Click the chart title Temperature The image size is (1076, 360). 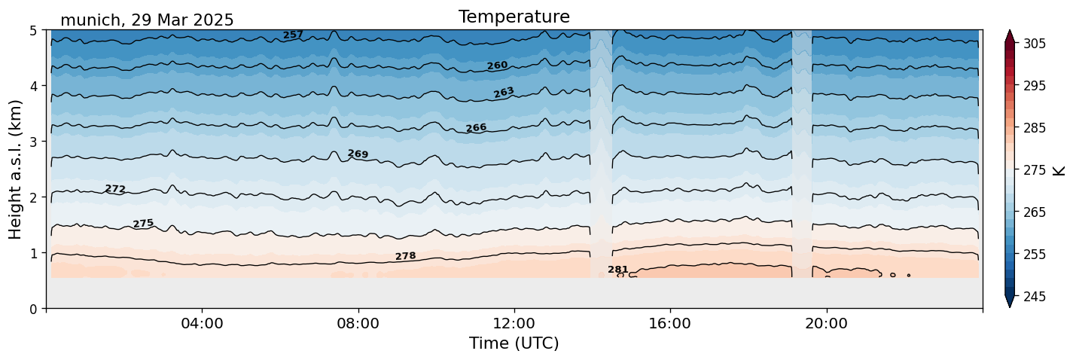pyautogui.click(x=514, y=17)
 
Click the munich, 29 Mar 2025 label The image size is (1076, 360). pyautogui.click(x=147, y=20)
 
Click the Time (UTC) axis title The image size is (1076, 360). pyautogui.click(x=514, y=343)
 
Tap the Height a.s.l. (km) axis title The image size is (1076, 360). pyautogui.click(x=16, y=169)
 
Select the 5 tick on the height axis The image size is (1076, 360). pyautogui.click(x=34, y=31)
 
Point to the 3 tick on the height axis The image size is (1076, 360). pyautogui.click(x=34, y=142)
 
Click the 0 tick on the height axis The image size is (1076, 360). pyautogui.click(x=34, y=309)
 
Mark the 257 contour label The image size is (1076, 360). pyautogui.click(x=293, y=35)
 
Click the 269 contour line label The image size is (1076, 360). pyautogui.click(x=358, y=154)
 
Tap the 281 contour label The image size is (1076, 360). pyautogui.click(x=617, y=270)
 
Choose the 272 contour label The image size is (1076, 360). pyautogui.click(x=115, y=189)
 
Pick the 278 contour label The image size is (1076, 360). pyautogui.click(x=405, y=257)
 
